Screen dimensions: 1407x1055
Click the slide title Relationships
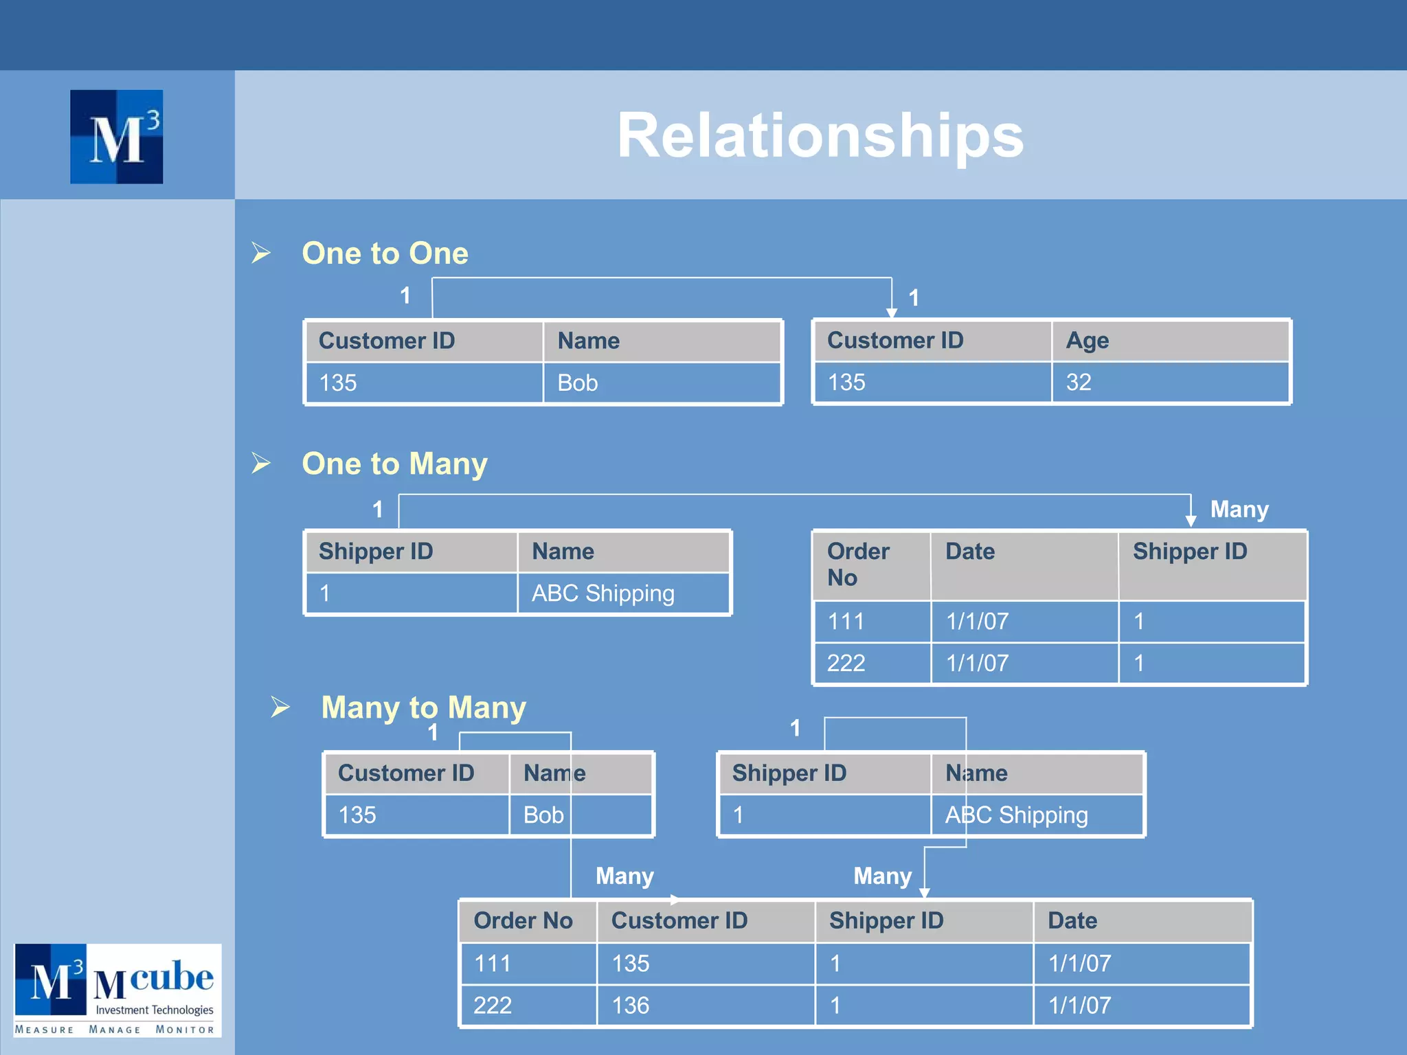[820, 135]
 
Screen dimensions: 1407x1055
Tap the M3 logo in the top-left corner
[117, 137]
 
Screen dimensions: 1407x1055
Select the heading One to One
[385, 253]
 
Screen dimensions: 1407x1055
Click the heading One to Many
[394, 464]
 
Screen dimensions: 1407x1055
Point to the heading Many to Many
[423, 707]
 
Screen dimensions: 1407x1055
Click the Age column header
[1087, 341]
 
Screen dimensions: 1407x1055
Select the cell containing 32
[1079, 383]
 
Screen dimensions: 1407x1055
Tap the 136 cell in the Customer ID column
[631, 1006]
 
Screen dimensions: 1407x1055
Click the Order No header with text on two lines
[858, 564]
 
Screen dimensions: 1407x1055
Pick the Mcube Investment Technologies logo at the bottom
[117, 990]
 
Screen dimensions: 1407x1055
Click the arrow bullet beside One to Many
[261, 463]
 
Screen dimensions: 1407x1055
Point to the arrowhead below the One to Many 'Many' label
[1191, 521]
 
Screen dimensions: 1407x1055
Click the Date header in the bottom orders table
[1072, 921]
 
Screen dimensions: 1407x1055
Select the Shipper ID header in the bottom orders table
[886, 921]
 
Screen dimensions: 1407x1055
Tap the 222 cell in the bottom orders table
[493, 1006]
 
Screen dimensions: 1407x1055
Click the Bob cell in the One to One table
[578, 383]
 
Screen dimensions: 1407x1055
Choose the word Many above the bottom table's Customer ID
[624, 876]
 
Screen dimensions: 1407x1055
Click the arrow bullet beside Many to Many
[280, 707]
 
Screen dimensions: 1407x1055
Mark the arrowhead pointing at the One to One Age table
[892, 313]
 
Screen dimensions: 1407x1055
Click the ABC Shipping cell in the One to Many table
[603, 593]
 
